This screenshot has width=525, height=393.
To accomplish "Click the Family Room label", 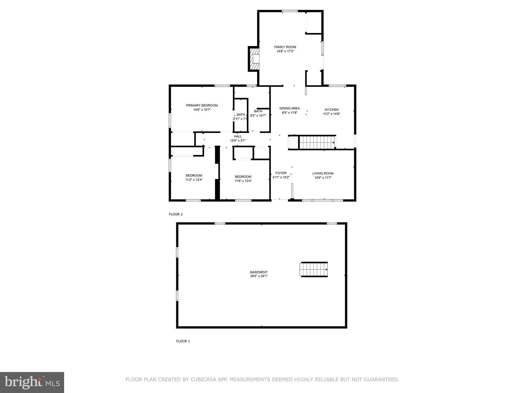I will [285, 47].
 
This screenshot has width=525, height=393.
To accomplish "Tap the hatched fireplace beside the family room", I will [254, 59].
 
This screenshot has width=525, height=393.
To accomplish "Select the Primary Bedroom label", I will [202, 105].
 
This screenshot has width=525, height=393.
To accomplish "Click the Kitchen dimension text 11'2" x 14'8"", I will [331, 114].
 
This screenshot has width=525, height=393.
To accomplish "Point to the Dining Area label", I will [289, 108].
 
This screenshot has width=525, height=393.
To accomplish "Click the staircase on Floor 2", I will [317, 142].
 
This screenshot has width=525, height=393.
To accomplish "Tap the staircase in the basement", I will [314, 269].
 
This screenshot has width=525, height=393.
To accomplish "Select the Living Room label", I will [323, 173].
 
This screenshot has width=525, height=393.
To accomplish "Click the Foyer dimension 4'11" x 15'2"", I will [281, 177].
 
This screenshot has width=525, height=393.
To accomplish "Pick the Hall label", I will [238, 136].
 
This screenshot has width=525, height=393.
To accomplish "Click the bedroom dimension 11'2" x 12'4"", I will [194, 180].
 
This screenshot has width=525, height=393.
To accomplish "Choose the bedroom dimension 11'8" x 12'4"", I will [243, 181].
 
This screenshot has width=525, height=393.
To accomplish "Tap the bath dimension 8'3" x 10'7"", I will [258, 115].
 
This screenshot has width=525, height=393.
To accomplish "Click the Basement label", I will [259, 272].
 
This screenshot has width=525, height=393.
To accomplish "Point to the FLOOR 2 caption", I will [176, 214].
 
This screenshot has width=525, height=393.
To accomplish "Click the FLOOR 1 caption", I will [183, 341].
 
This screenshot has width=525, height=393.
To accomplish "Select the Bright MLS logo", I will [32, 382].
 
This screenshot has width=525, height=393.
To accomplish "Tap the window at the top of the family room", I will [290, 11].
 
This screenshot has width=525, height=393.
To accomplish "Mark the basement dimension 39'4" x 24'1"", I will [259, 276].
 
